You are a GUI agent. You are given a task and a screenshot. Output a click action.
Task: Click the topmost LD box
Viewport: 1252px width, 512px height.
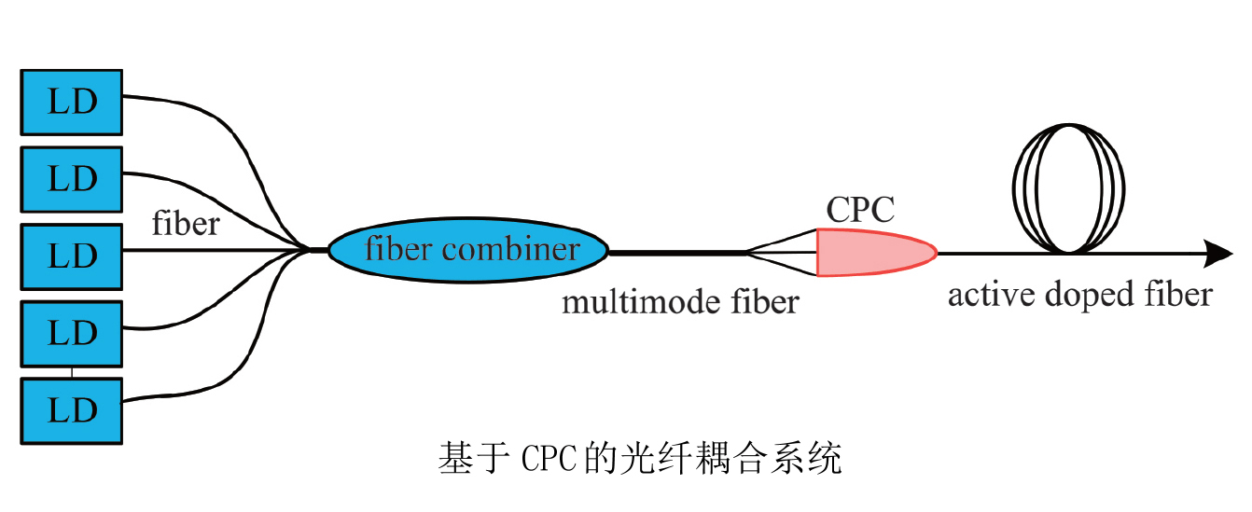[x=72, y=102]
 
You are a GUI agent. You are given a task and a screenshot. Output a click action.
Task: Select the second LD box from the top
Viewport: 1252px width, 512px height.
[x=72, y=178]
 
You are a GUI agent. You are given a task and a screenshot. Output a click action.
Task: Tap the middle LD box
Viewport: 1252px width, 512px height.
[x=72, y=256]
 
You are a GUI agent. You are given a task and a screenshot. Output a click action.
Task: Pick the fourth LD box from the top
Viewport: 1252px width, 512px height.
[x=72, y=332]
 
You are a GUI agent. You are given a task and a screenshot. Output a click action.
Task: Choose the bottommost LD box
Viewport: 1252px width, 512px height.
[x=72, y=409]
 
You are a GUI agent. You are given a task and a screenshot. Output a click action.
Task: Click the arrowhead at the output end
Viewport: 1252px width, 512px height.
[x=1218, y=253]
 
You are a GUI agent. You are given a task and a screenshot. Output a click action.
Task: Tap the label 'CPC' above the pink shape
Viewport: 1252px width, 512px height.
[x=859, y=211]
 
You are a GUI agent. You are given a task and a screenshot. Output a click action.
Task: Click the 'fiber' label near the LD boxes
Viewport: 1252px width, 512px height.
[x=186, y=224]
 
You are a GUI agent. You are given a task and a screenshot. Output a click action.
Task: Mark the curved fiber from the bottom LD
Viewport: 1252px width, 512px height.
[x=224, y=373]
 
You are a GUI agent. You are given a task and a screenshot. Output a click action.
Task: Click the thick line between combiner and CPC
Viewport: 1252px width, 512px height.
[x=676, y=252]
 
